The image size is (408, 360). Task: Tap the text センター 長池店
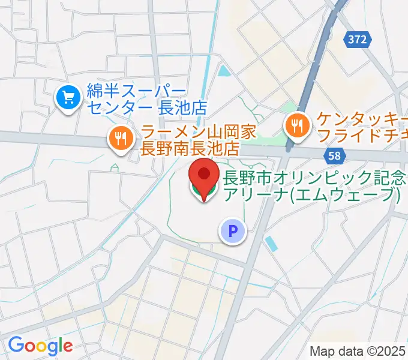click(146, 108)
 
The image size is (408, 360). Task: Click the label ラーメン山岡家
click(191, 131)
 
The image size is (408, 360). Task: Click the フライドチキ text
click(362, 134)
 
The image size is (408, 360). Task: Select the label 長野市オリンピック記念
click(315, 178)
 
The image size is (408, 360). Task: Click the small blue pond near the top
click(224, 72)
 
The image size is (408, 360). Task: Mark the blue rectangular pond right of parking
click(271, 244)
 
